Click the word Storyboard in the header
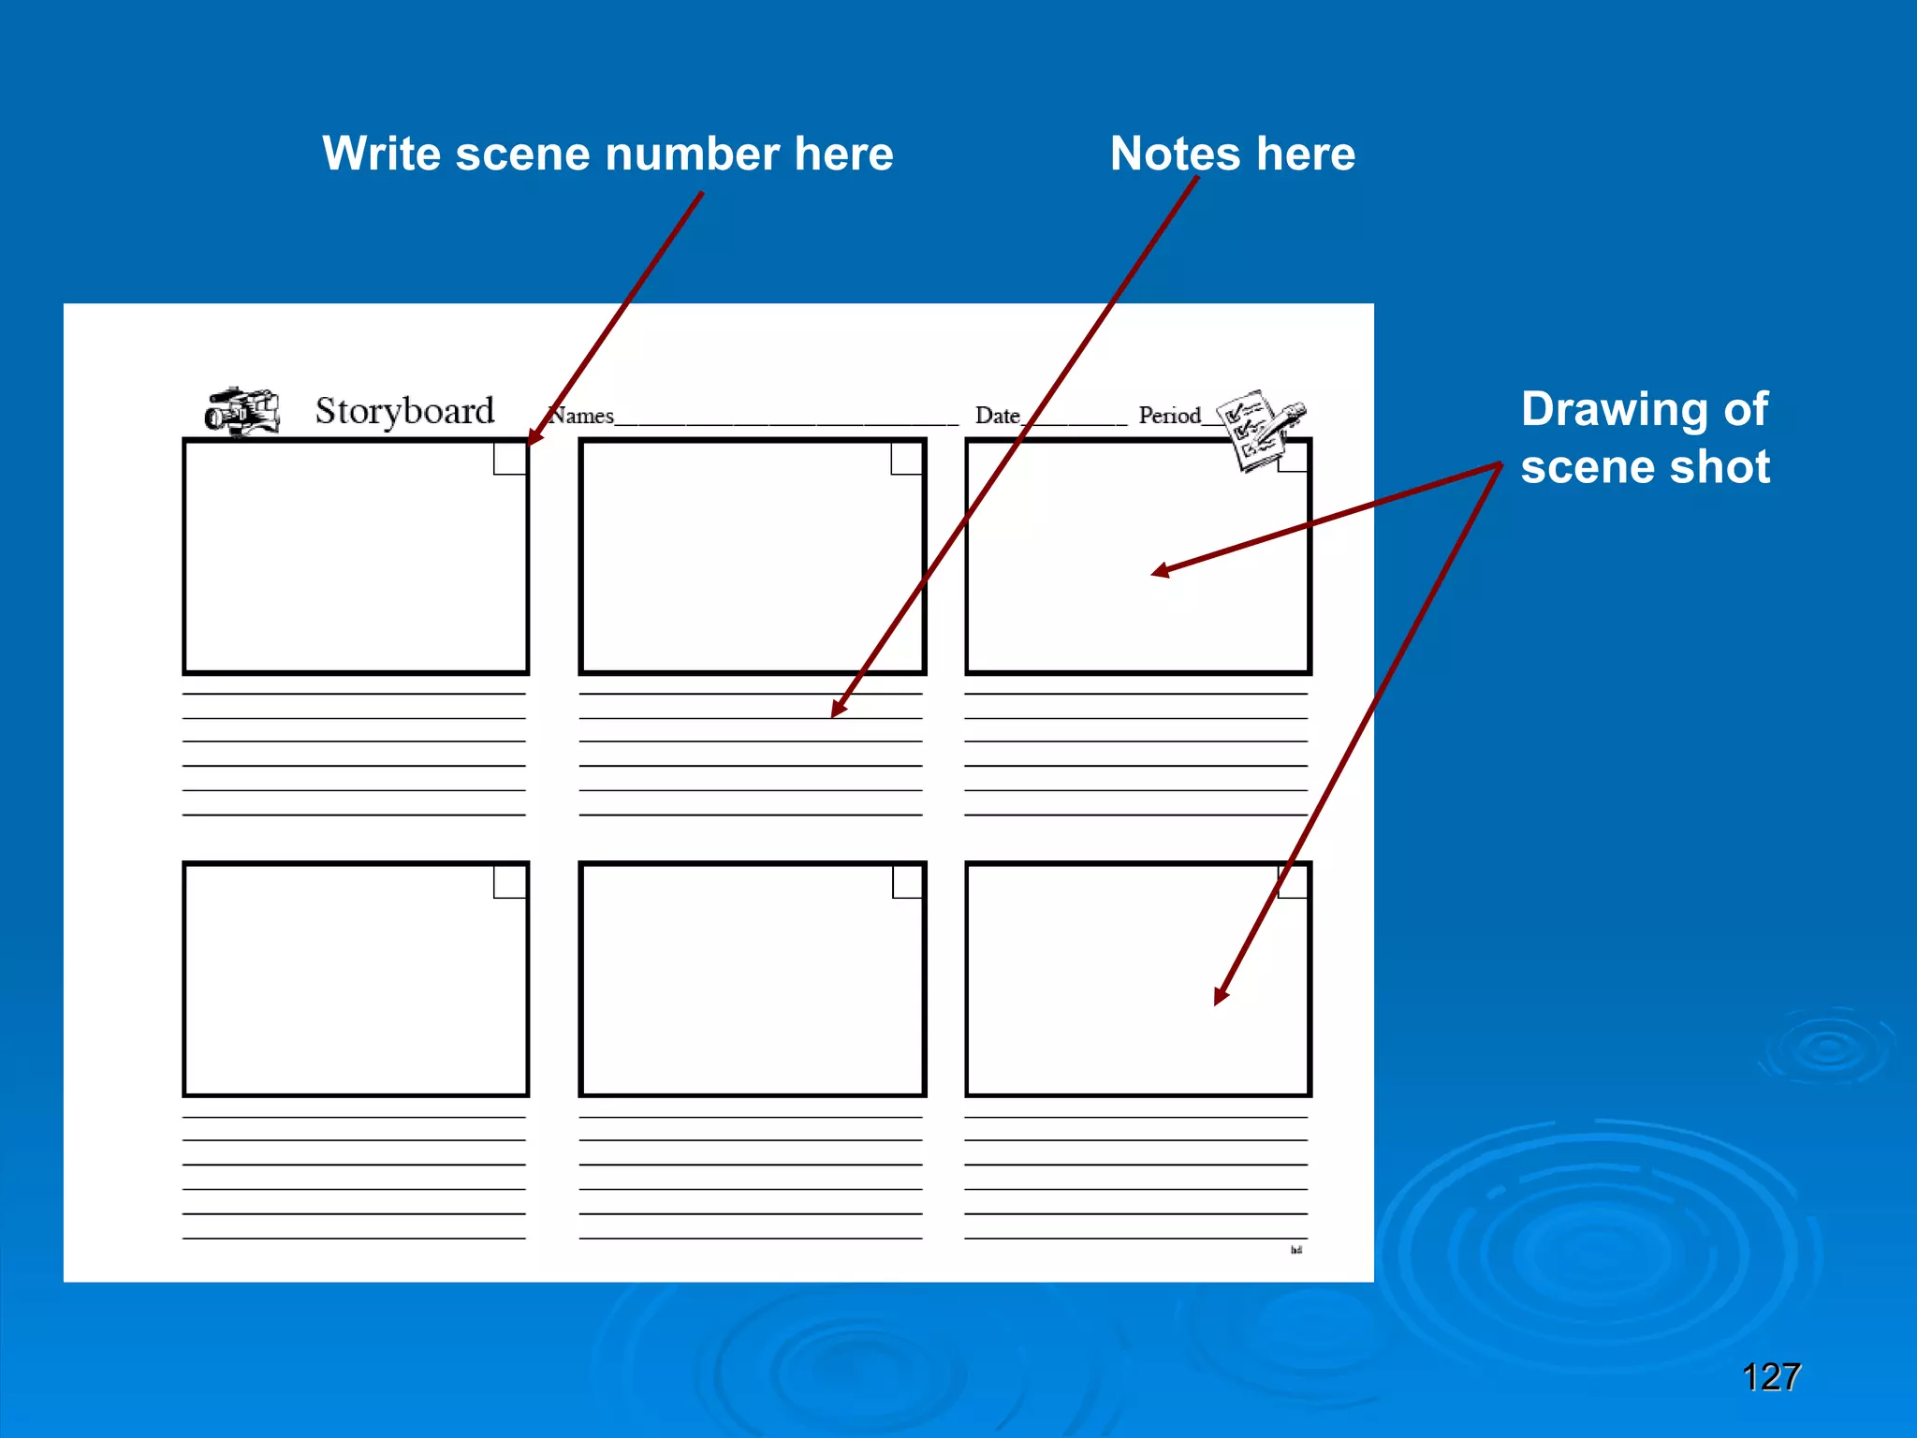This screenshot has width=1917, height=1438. (x=404, y=412)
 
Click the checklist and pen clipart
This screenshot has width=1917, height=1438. (x=1259, y=429)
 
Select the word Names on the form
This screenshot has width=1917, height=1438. (x=581, y=416)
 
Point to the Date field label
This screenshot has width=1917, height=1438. (x=997, y=416)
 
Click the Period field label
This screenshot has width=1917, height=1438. (x=1169, y=416)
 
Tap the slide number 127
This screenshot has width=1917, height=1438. (x=1771, y=1377)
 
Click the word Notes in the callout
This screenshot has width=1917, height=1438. (x=1175, y=154)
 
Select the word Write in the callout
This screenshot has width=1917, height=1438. (x=381, y=154)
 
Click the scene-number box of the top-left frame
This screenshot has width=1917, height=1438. (x=510, y=459)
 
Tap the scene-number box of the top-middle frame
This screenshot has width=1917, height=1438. (x=906, y=459)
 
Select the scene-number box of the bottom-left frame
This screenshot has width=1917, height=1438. (x=510, y=882)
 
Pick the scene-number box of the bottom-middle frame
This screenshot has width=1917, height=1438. (x=907, y=882)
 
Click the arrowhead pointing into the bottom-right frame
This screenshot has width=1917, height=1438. (x=1220, y=996)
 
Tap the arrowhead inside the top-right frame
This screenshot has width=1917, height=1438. (x=1161, y=570)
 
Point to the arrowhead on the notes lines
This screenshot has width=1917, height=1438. (x=838, y=710)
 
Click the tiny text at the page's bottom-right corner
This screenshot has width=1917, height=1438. (x=1296, y=1250)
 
